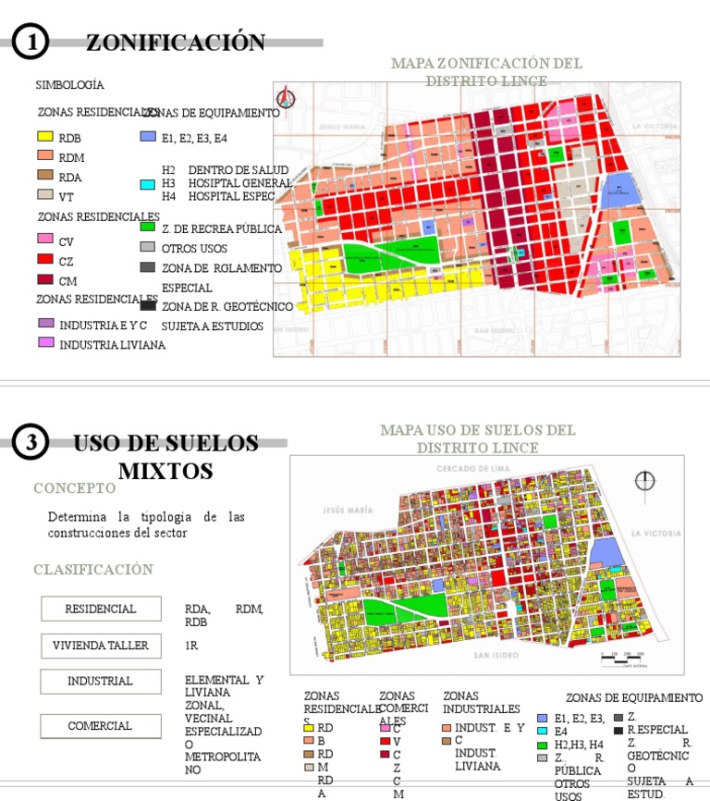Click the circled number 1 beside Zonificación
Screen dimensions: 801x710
click(x=31, y=43)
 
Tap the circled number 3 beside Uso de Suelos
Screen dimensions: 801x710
click(x=31, y=444)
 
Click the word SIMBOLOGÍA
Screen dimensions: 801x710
click(x=69, y=85)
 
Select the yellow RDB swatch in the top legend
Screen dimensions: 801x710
click(x=44, y=137)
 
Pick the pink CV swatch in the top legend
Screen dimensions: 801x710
click(x=44, y=240)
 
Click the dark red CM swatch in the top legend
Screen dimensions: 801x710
click(x=44, y=279)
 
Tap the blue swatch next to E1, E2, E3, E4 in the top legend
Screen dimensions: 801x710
click(x=147, y=137)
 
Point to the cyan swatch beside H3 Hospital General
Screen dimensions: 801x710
click(x=147, y=184)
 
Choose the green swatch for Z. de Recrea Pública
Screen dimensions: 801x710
click(x=147, y=227)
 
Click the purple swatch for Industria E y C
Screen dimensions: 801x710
click(x=45, y=324)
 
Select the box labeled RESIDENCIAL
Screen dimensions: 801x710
click(x=101, y=609)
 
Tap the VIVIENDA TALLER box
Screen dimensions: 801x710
click(x=101, y=646)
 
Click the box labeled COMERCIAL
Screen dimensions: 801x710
click(x=101, y=726)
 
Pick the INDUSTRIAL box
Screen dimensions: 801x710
click(x=101, y=682)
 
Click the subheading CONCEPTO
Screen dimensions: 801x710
click(x=75, y=488)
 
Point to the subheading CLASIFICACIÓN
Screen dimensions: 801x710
click(x=93, y=570)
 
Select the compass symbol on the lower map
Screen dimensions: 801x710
click(x=645, y=481)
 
